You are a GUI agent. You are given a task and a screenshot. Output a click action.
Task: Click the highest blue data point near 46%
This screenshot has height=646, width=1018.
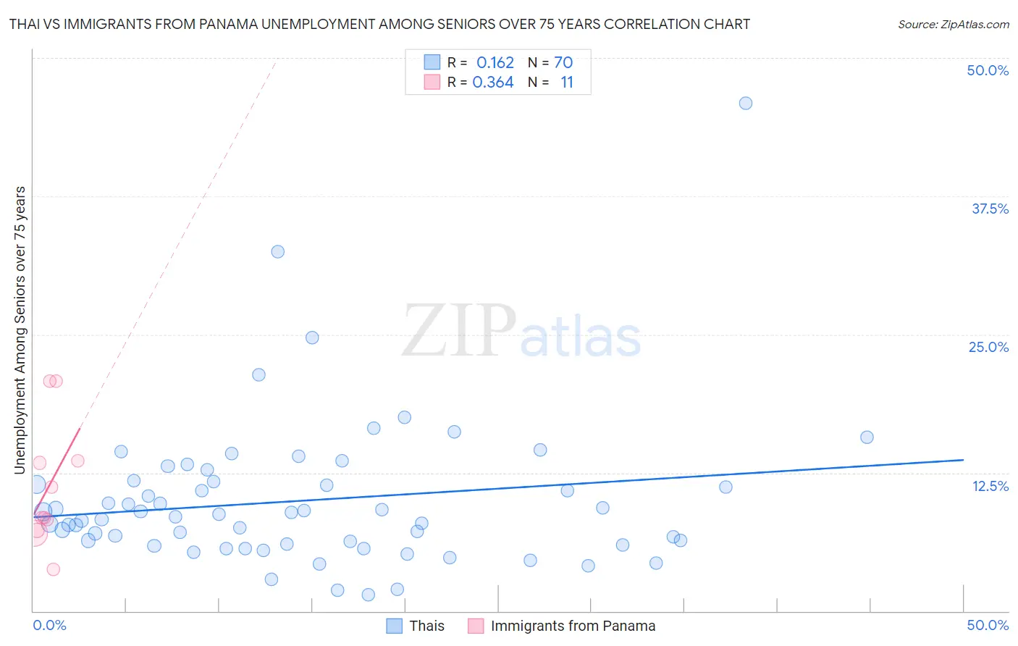745,104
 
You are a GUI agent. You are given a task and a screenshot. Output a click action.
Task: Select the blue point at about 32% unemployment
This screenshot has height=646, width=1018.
277,252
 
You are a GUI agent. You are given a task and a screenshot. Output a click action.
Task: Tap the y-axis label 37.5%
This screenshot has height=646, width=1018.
990,209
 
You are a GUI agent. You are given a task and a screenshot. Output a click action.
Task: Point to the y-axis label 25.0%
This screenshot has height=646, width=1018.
988,347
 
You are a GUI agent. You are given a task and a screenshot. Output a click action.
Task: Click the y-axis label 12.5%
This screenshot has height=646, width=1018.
990,486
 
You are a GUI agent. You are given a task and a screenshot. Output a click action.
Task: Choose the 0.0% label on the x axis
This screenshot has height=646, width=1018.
49,625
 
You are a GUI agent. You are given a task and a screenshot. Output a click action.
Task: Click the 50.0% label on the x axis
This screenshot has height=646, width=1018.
988,625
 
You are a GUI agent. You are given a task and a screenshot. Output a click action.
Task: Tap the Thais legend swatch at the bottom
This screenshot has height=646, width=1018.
394,626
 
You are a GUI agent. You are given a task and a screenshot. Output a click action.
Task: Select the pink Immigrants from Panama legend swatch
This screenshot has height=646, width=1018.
475,626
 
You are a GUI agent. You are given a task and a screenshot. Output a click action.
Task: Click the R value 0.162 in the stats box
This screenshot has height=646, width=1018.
495,63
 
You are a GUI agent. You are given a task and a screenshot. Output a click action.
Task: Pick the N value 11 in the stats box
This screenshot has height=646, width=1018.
566,83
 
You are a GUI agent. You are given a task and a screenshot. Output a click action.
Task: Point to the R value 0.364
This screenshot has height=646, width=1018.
492,83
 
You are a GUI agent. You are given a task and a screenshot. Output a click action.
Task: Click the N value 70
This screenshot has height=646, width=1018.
563,63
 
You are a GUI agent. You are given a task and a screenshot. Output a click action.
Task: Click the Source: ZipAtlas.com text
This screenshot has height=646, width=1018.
953,25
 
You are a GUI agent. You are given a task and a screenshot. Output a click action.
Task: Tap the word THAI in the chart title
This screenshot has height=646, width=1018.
25,24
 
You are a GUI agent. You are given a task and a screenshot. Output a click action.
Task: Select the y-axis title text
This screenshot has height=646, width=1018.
20,330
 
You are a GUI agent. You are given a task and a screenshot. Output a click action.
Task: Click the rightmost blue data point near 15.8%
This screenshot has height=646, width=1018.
867,437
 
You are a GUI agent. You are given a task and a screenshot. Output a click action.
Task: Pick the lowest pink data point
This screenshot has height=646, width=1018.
53,569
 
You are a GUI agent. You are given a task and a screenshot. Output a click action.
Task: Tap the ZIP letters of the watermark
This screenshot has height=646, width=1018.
459,331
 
